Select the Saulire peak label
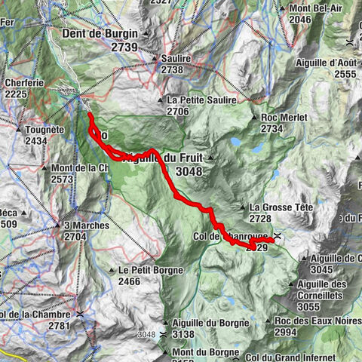pos(176,57)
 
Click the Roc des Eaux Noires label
pos(311,321)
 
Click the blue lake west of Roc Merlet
pos(236,141)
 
